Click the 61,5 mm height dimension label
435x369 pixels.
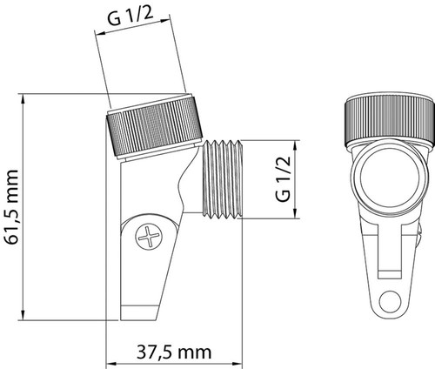(x=12, y=207)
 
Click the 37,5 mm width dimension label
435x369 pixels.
(x=174, y=352)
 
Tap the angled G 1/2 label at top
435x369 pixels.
(x=130, y=17)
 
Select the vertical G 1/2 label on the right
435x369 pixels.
(x=283, y=178)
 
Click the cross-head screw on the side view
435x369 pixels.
(x=149, y=237)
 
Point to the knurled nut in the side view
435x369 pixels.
(x=154, y=127)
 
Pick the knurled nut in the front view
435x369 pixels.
(x=389, y=121)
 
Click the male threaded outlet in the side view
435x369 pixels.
(x=222, y=179)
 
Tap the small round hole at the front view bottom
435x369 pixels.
(x=390, y=302)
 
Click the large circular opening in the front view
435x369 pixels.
(x=390, y=177)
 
